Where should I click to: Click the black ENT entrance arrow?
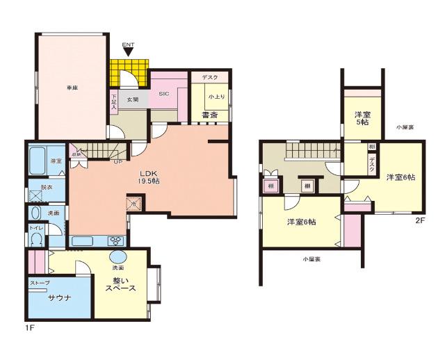[128, 52]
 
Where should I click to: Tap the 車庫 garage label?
[72, 87]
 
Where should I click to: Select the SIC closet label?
[164, 93]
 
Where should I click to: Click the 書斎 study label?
[207, 115]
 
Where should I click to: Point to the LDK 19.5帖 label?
[149, 177]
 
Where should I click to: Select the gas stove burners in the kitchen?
[115, 241]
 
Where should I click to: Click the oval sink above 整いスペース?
[118, 256]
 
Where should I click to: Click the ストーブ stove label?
[40, 284]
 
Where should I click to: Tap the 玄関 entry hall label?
[132, 99]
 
